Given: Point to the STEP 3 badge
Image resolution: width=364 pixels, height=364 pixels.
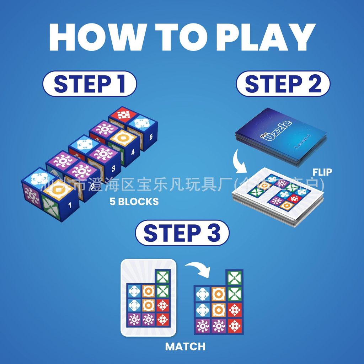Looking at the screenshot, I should [x=182, y=233].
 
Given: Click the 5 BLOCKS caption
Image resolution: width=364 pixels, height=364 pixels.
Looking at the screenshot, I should [x=134, y=202].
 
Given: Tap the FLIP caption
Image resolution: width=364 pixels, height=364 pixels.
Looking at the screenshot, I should [x=322, y=172].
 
